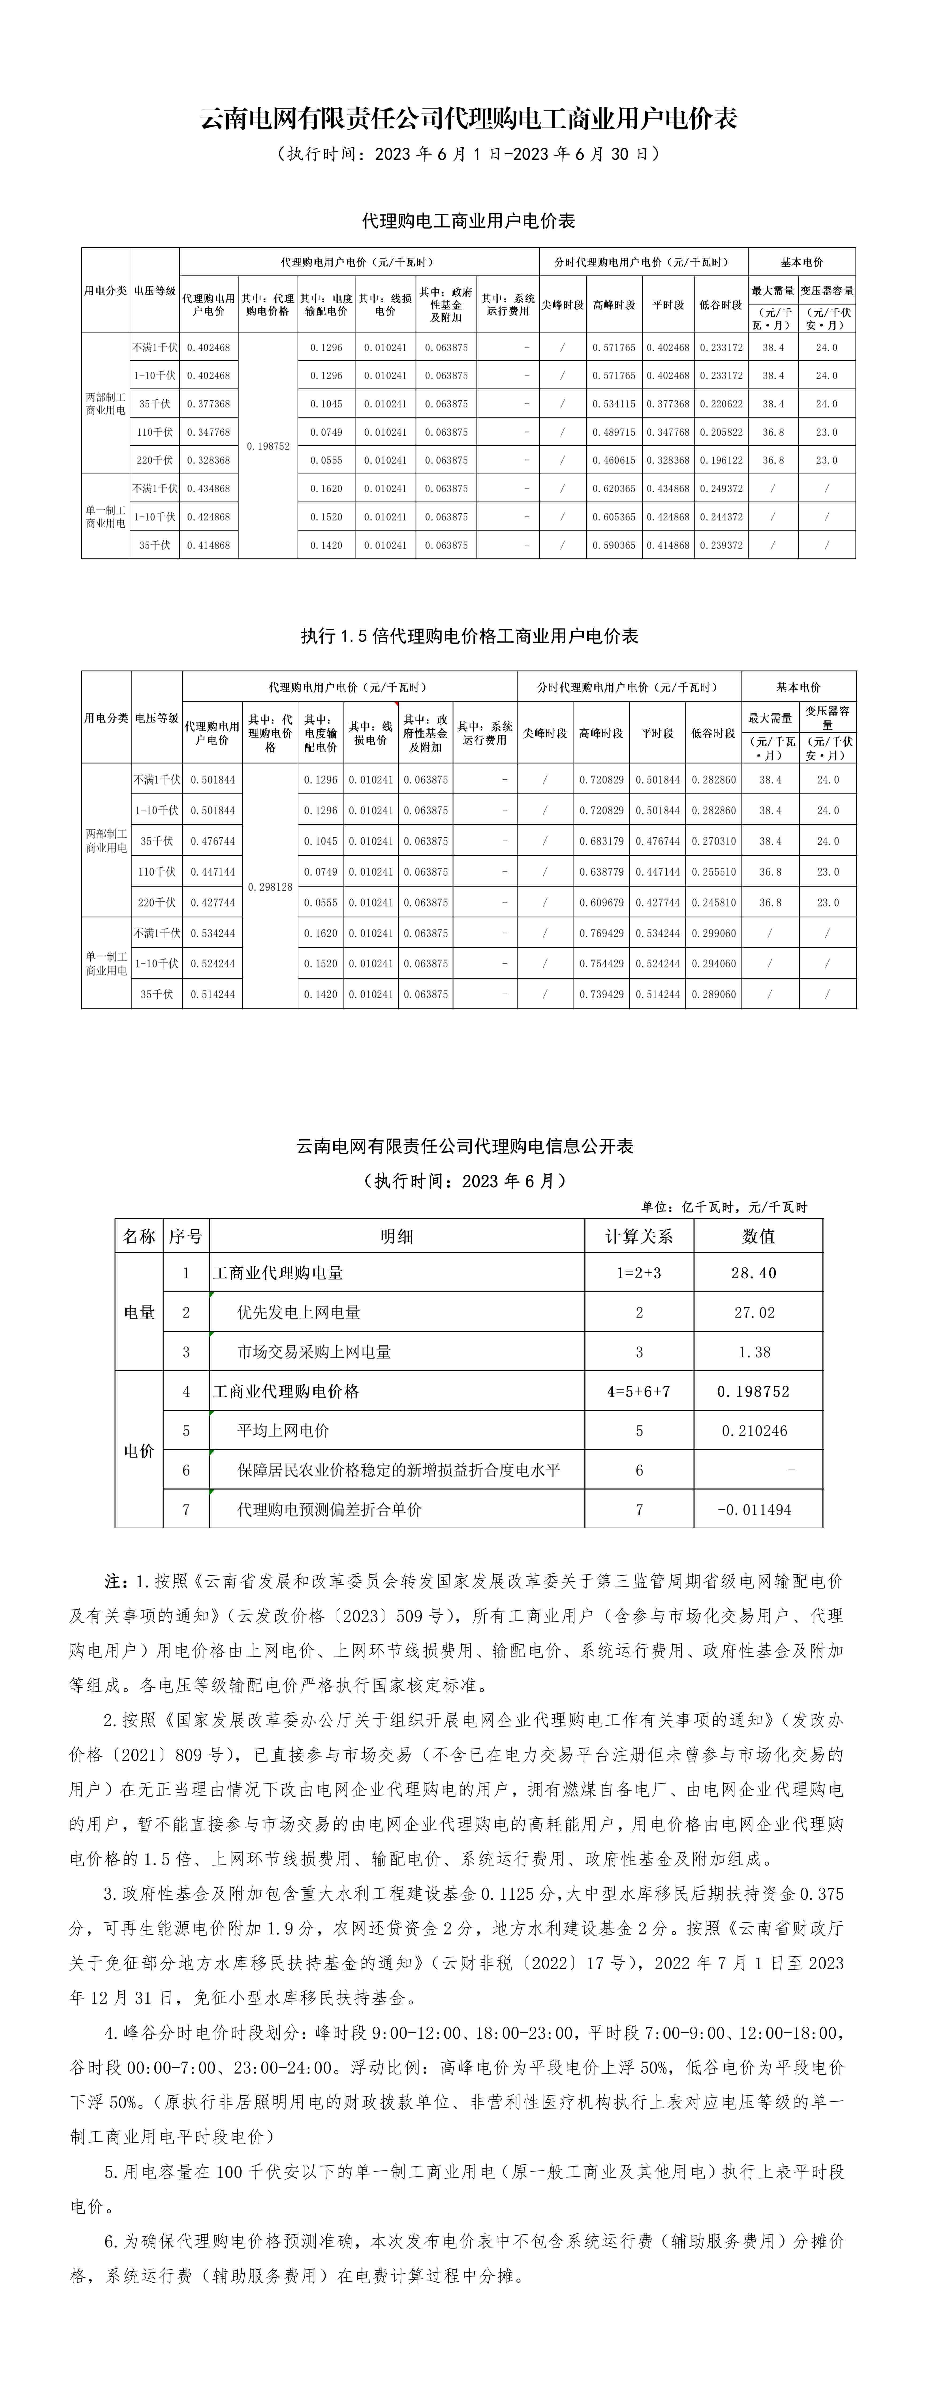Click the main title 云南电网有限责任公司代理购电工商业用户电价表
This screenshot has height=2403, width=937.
[x=468, y=119]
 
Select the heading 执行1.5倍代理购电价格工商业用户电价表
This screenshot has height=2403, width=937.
[x=468, y=636]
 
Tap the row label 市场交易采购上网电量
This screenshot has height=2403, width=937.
[x=314, y=1352]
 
